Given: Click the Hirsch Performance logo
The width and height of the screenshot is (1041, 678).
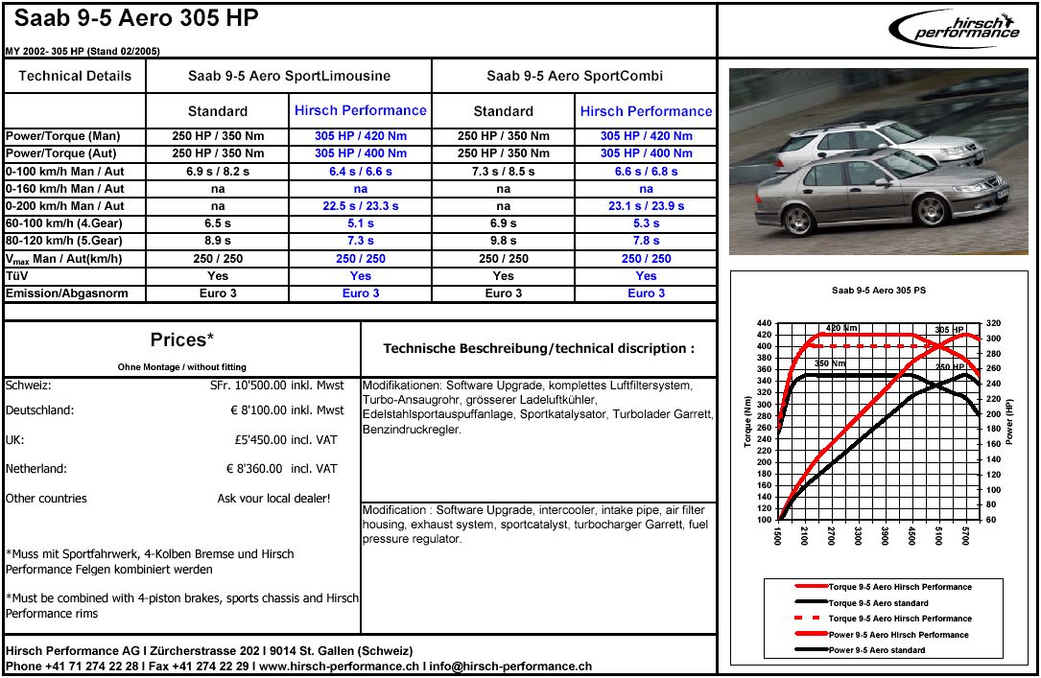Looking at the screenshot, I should pos(954,30).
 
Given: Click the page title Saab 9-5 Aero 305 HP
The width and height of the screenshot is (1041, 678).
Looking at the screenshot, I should pos(136,19).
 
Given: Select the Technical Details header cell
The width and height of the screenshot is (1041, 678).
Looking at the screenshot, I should pos(75,76).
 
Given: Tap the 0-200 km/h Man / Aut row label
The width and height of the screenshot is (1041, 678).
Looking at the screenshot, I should pos(65,206).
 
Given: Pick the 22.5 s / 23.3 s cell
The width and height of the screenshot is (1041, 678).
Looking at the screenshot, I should pos(361,206).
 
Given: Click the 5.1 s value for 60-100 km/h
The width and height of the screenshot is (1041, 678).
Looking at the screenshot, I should pos(361,223).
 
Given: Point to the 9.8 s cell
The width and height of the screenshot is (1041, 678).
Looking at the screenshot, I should pos(503,241).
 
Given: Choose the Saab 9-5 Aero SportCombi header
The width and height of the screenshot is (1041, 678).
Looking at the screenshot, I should pos(574,76).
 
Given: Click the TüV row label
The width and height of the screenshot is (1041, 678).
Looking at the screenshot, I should pos(18,276).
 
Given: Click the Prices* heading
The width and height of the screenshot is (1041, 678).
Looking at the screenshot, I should pos(181,340).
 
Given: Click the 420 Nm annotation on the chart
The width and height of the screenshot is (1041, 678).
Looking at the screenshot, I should pos(841,328).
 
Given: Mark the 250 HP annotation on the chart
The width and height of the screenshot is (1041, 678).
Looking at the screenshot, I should pos(949,367).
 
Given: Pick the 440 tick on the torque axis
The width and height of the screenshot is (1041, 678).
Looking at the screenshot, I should pos(764,323).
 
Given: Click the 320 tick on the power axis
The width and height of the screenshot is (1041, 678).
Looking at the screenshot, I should pos(993,323).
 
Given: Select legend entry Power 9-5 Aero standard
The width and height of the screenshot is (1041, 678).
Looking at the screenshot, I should pos(877,650).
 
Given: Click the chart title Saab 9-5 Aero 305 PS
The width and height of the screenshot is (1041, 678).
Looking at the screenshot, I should pos(879,290).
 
